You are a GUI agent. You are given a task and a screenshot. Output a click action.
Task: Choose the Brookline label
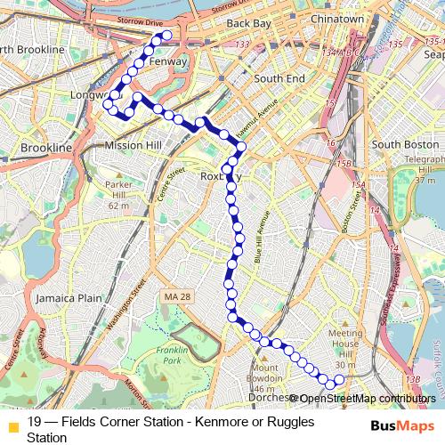pos(45,147)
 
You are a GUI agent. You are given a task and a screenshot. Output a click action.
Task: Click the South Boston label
pos(406,143)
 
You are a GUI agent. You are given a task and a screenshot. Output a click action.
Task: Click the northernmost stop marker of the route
pos(166,36)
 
